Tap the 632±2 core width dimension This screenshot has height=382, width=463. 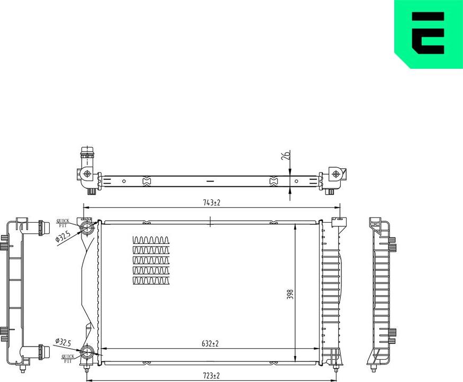(x=211, y=344)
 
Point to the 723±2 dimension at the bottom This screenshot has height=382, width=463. (x=211, y=376)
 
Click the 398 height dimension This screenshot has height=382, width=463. (x=290, y=294)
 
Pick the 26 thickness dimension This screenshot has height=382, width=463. (x=286, y=156)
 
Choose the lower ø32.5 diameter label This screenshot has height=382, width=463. (x=62, y=342)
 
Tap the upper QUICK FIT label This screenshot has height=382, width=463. (x=63, y=223)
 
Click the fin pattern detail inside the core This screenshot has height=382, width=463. (x=152, y=260)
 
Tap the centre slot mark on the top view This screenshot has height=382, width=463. (x=210, y=181)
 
